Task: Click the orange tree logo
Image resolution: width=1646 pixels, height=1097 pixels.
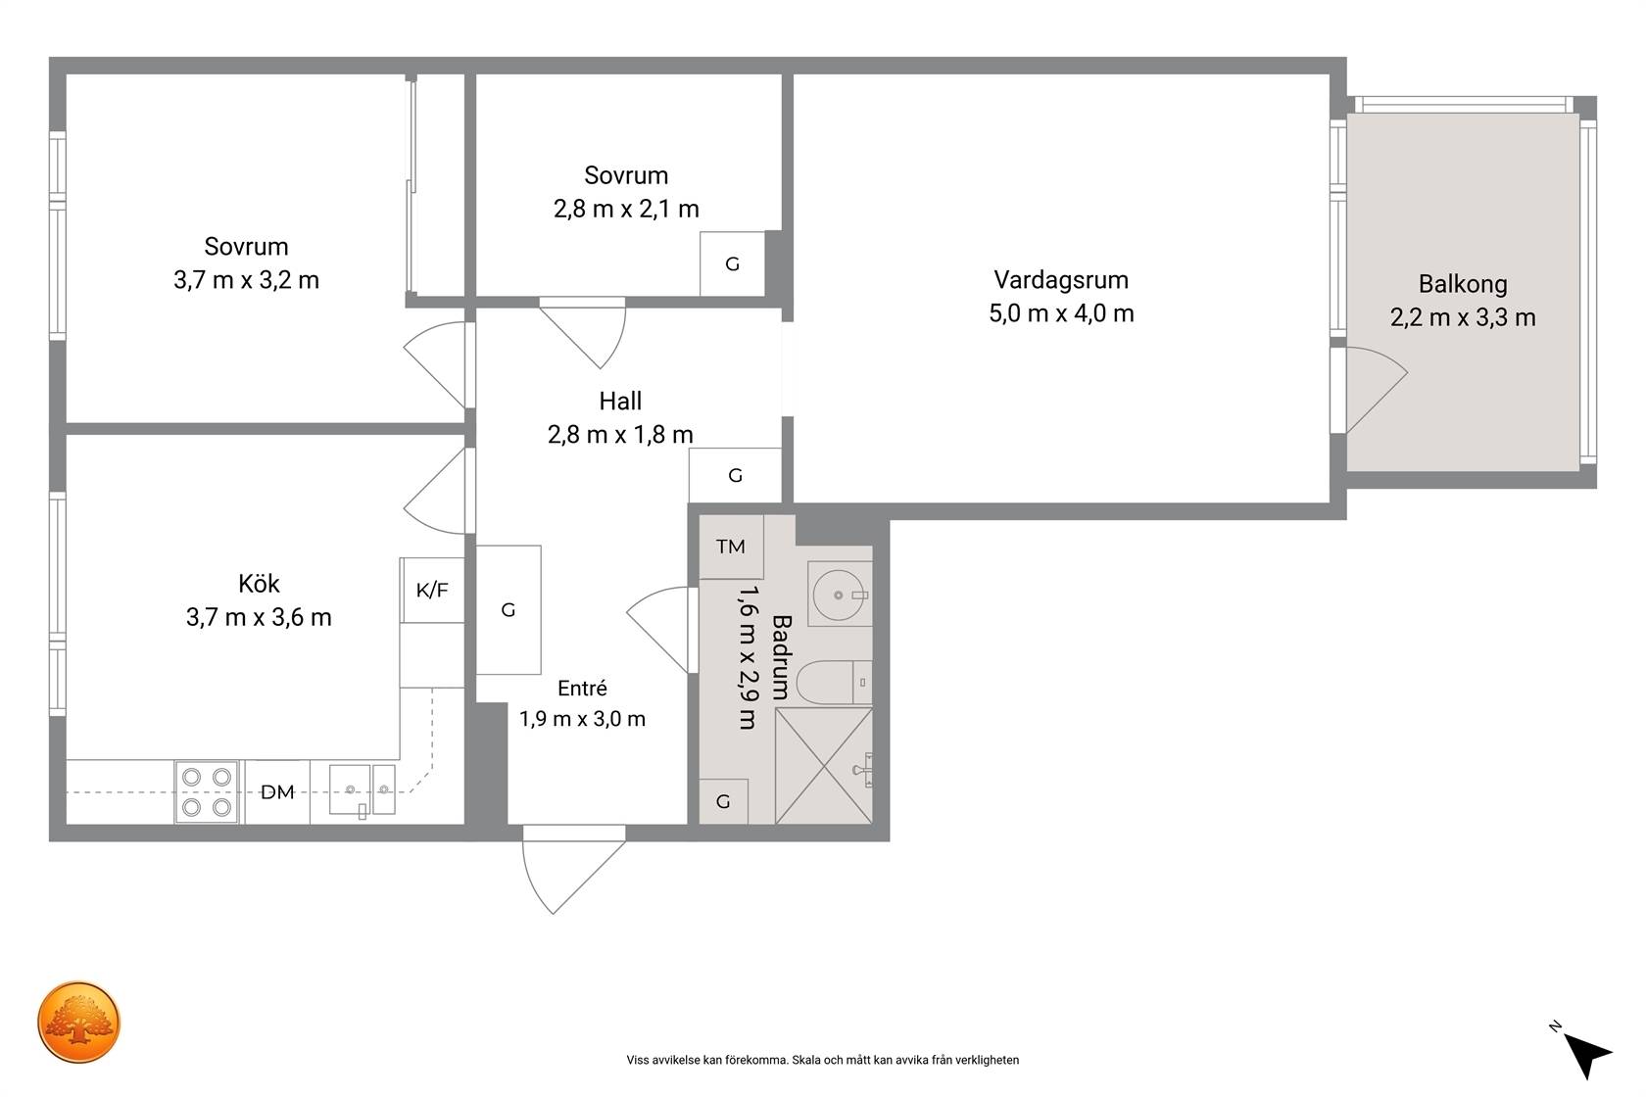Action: tap(78, 1022)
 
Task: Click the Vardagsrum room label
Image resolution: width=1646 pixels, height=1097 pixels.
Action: tap(1061, 280)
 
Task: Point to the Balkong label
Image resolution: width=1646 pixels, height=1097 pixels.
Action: tap(1462, 284)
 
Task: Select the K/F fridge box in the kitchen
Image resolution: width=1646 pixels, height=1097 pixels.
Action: tap(432, 590)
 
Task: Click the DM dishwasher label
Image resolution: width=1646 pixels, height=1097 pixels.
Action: tap(277, 792)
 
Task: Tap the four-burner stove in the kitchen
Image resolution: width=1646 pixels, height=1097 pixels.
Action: tap(207, 792)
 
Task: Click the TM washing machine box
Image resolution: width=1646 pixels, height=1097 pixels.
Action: tap(731, 547)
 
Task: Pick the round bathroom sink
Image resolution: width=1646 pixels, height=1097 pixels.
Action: tap(839, 595)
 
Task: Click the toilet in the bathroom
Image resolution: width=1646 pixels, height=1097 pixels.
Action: tap(834, 682)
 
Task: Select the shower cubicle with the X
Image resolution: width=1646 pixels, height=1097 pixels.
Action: tap(824, 766)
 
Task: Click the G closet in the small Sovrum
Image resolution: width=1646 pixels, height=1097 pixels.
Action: tap(733, 263)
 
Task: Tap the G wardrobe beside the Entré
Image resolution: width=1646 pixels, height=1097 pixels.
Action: tap(508, 610)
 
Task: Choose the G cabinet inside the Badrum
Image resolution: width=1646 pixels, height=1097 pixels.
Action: tap(723, 801)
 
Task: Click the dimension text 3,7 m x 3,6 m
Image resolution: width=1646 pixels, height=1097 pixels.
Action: tap(259, 617)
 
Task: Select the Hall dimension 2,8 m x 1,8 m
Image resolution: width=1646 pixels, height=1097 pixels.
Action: tap(620, 435)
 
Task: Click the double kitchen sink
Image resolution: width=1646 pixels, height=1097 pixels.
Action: tap(363, 790)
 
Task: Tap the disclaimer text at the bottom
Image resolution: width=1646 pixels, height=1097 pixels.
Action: tap(822, 1060)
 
